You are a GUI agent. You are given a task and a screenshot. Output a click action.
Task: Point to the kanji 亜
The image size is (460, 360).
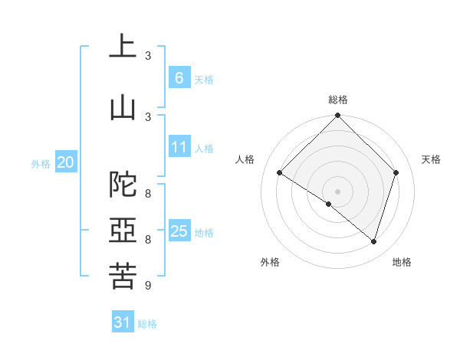click(123, 231)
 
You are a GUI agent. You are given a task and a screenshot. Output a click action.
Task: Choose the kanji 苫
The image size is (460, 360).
click(123, 277)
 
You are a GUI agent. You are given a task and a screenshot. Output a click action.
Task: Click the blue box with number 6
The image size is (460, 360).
click(179, 78)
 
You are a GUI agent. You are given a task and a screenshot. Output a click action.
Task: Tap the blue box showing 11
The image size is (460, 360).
click(179, 148)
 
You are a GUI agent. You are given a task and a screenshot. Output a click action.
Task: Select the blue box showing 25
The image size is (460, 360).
click(179, 231)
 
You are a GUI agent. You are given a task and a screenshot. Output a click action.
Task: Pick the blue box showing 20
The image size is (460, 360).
click(66, 162)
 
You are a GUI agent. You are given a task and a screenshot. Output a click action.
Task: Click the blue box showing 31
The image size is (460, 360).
click(123, 322)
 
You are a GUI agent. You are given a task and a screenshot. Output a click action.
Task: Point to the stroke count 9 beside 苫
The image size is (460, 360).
click(147, 286)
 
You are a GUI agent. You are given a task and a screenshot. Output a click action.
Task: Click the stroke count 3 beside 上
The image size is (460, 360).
click(148, 56)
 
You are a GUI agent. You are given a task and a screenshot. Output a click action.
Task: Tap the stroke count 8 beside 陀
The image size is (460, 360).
click(147, 194)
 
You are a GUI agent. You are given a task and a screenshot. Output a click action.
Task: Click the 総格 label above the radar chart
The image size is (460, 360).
click(338, 100)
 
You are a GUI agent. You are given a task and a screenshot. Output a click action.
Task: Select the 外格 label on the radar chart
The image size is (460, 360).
click(270, 262)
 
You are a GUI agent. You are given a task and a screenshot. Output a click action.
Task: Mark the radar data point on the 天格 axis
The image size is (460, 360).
click(396, 172)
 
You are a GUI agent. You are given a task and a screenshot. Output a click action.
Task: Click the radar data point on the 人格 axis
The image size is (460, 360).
click(280, 172)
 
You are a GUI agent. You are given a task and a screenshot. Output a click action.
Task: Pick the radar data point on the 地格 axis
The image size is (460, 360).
click(373, 241)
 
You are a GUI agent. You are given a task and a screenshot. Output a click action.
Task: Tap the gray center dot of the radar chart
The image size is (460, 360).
click(337, 191)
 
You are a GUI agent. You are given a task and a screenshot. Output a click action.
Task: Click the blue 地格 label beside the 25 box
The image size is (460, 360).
click(205, 233)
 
